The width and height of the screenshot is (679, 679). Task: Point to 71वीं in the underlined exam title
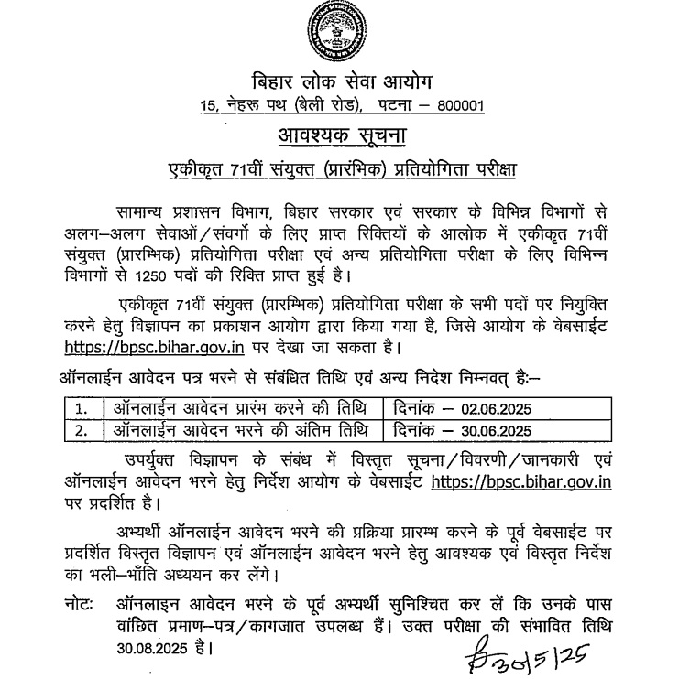[255, 169]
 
